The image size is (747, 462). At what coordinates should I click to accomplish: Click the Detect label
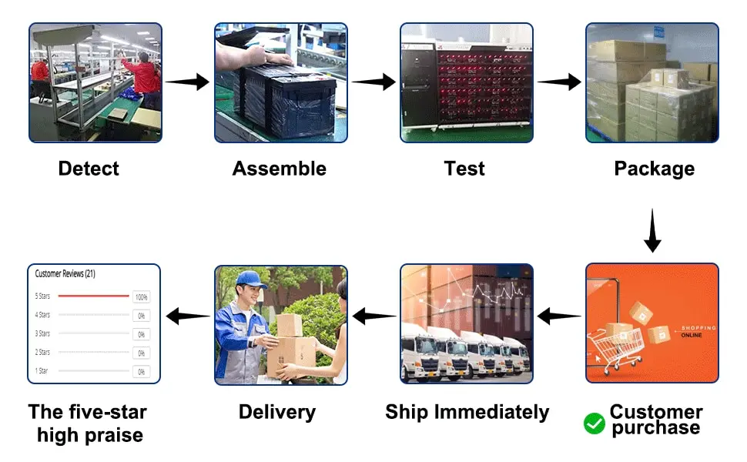pos(89,169)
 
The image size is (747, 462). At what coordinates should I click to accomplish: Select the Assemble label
pos(280,169)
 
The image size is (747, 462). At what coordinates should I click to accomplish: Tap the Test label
pos(464,169)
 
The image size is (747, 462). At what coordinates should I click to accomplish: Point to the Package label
pos(654,169)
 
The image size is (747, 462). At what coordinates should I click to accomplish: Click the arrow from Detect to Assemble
pos(187,82)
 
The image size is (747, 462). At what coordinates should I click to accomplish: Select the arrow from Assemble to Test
pos(373,82)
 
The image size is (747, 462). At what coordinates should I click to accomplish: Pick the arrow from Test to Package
pos(559,82)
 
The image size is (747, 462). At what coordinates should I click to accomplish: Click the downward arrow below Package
pos(652,231)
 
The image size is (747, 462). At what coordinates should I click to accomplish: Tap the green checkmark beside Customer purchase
pos(595,423)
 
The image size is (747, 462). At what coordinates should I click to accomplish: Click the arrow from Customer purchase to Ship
pos(559,316)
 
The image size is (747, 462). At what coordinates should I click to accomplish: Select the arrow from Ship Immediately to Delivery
pos(374,316)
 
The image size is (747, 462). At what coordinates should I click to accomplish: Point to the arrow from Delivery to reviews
pos(188,316)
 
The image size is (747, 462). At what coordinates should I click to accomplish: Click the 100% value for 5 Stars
pos(141,296)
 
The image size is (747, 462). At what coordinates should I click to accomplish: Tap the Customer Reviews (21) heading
pos(65,273)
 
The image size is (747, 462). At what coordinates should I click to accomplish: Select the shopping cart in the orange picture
pos(612,346)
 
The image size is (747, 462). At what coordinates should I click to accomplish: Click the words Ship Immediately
pos(467,412)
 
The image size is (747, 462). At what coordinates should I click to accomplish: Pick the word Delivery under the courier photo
pos(277,412)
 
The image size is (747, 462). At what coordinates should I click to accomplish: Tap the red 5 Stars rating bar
pos(94,296)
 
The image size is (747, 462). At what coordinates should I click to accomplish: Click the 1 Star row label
pos(42,371)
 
